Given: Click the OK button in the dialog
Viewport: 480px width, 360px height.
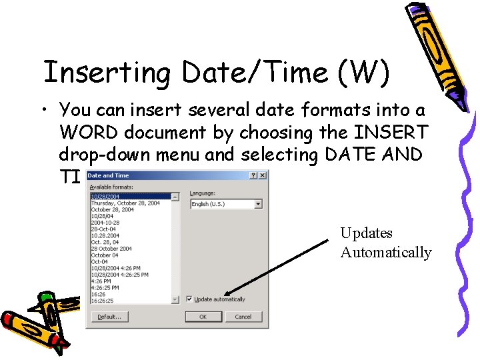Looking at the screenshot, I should click(x=203, y=317).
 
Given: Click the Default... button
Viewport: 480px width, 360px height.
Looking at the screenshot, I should click(x=109, y=317).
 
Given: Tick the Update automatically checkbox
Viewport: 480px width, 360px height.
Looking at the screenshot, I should click(x=190, y=299).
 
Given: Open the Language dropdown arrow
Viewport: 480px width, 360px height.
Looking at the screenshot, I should click(x=258, y=204).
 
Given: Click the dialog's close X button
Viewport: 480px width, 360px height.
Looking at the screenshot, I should click(x=263, y=175).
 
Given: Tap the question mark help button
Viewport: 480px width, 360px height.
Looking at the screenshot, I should click(x=254, y=175).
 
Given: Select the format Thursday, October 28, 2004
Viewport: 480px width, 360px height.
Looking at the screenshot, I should click(x=125, y=203).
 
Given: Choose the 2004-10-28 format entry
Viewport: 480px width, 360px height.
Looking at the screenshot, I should click(x=105, y=222).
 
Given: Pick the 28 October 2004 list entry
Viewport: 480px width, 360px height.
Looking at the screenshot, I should click(x=111, y=249).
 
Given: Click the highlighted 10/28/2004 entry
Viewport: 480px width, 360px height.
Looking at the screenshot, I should click(x=105, y=197).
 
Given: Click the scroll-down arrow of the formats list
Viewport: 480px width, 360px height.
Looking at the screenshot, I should click(x=176, y=300).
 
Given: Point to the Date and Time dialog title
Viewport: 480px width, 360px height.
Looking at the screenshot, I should click(x=109, y=175).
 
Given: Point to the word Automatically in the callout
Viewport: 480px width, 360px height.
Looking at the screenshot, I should click(x=386, y=253).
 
